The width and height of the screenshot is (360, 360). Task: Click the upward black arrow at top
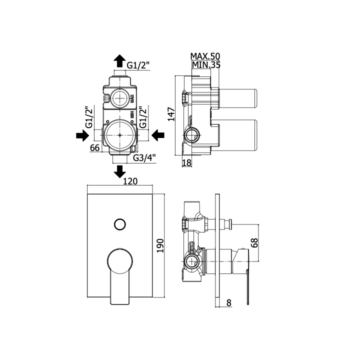[119, 61]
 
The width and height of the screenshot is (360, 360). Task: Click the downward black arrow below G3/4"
[120, 171]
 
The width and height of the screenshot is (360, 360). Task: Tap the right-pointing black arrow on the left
[82, 135]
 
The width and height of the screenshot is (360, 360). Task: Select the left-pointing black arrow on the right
[158, 135]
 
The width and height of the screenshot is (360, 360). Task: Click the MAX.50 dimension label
[205, 56]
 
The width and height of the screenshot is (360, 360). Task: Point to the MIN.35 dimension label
[206, 65]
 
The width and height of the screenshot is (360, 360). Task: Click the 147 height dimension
[171, 114]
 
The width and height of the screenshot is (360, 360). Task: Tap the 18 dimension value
[186, 163]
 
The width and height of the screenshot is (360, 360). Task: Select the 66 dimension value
[95, 148]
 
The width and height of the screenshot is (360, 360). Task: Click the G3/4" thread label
[144, 157]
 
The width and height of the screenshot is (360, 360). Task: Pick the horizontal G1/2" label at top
[138, 65]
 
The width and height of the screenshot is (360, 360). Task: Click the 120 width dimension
[130, 181]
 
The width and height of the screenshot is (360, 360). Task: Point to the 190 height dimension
[160, 245]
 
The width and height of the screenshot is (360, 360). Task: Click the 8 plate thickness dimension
[228, 303]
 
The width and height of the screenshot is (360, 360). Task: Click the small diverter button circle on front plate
[120, 224]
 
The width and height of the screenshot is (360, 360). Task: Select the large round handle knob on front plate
[120, 261]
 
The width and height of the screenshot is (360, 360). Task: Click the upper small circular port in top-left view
[120, 98]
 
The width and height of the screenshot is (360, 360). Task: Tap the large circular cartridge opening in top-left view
[119, 135]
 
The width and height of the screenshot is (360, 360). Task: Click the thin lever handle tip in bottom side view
[248, 303]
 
